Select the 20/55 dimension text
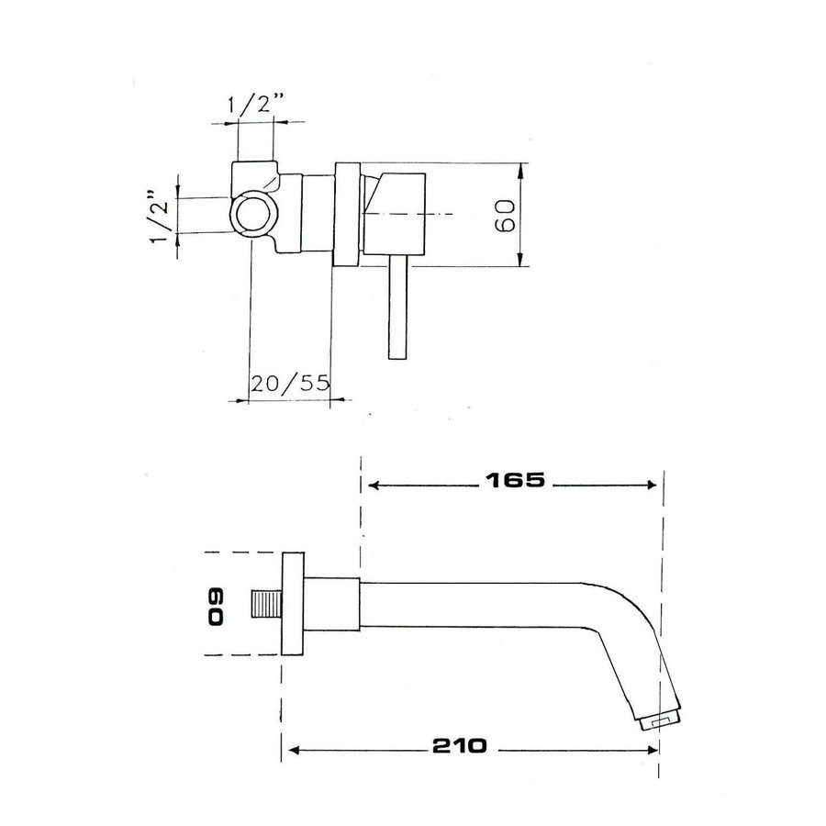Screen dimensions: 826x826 [289, 384]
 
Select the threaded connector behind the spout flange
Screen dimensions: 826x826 [267, 606]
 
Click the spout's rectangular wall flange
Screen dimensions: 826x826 [293, 605]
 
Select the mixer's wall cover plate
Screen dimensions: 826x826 [347, 215]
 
